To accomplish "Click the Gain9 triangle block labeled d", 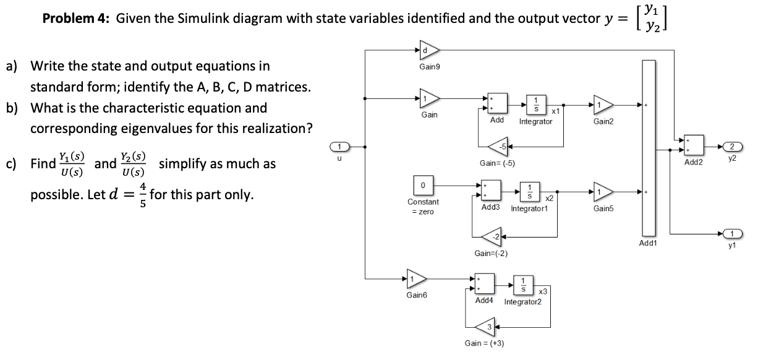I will click(429, 49).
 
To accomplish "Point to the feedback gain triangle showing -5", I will click(498, 147).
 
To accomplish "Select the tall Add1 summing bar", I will click(648, 148).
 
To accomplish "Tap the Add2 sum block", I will click(693, 146).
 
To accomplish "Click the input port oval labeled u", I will click(339, 147).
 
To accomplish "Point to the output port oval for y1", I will click(732, 234).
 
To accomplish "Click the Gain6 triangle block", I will click(415, 278).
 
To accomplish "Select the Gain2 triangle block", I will click(603, 105).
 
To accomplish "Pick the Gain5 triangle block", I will click(603, 192).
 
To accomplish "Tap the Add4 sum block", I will click(484, 285).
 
